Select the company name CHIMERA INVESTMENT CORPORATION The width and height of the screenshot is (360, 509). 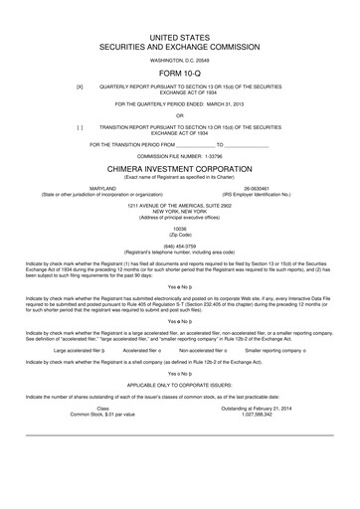pos(180,170)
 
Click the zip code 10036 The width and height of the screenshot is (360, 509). pos(180,227)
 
